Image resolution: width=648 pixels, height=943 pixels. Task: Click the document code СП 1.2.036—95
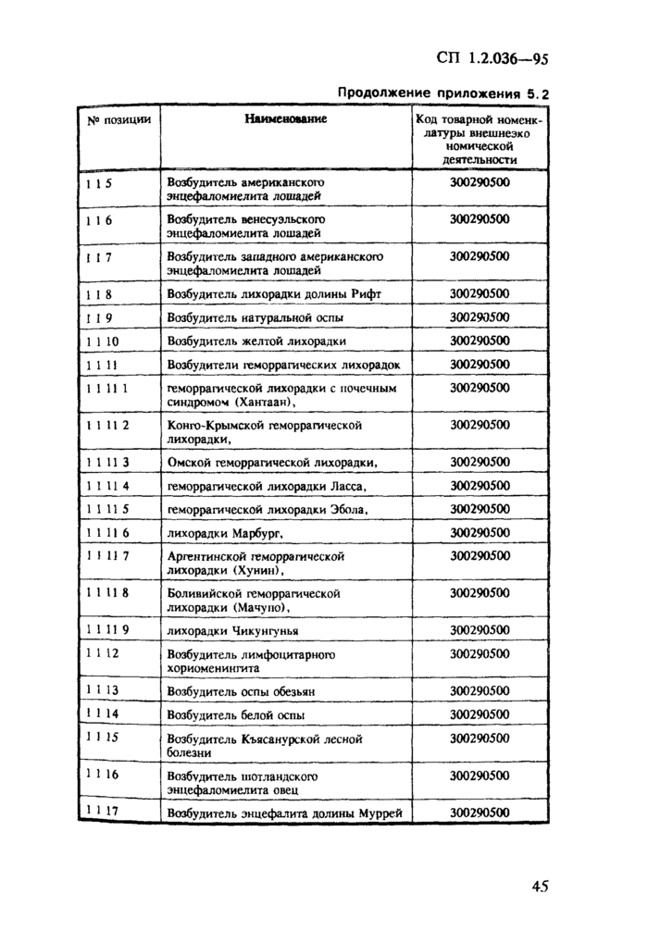[492, 60]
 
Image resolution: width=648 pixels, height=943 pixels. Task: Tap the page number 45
[541, 886]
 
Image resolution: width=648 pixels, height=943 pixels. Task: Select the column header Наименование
[286, 119]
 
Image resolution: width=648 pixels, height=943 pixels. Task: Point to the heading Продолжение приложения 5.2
[442, 93]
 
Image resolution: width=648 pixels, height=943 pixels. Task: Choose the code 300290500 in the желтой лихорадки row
[480, 341]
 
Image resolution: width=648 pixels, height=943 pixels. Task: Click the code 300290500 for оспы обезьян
[480, 690]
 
